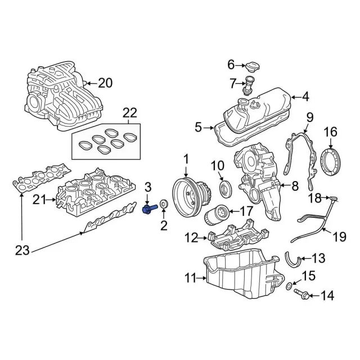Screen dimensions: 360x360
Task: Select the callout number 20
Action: pos(105,84)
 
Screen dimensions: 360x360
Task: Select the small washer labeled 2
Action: pos(164,204)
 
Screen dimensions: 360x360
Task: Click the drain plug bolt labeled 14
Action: pos(301,295)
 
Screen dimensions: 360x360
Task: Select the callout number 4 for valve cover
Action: pos(305,97)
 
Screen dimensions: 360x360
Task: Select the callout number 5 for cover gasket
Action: pos(198,128)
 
